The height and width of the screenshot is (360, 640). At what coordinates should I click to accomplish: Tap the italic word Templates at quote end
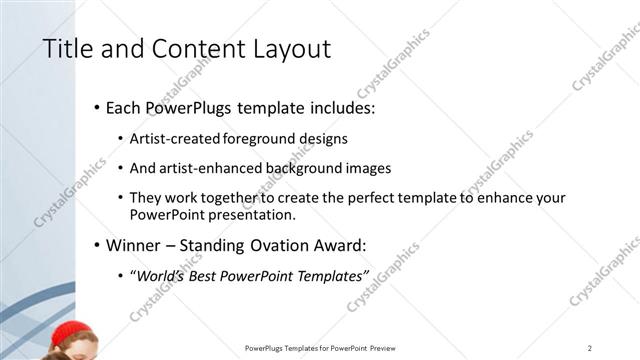(332, 275)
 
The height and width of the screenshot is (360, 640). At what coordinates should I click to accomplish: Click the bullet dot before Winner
(96, 246)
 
